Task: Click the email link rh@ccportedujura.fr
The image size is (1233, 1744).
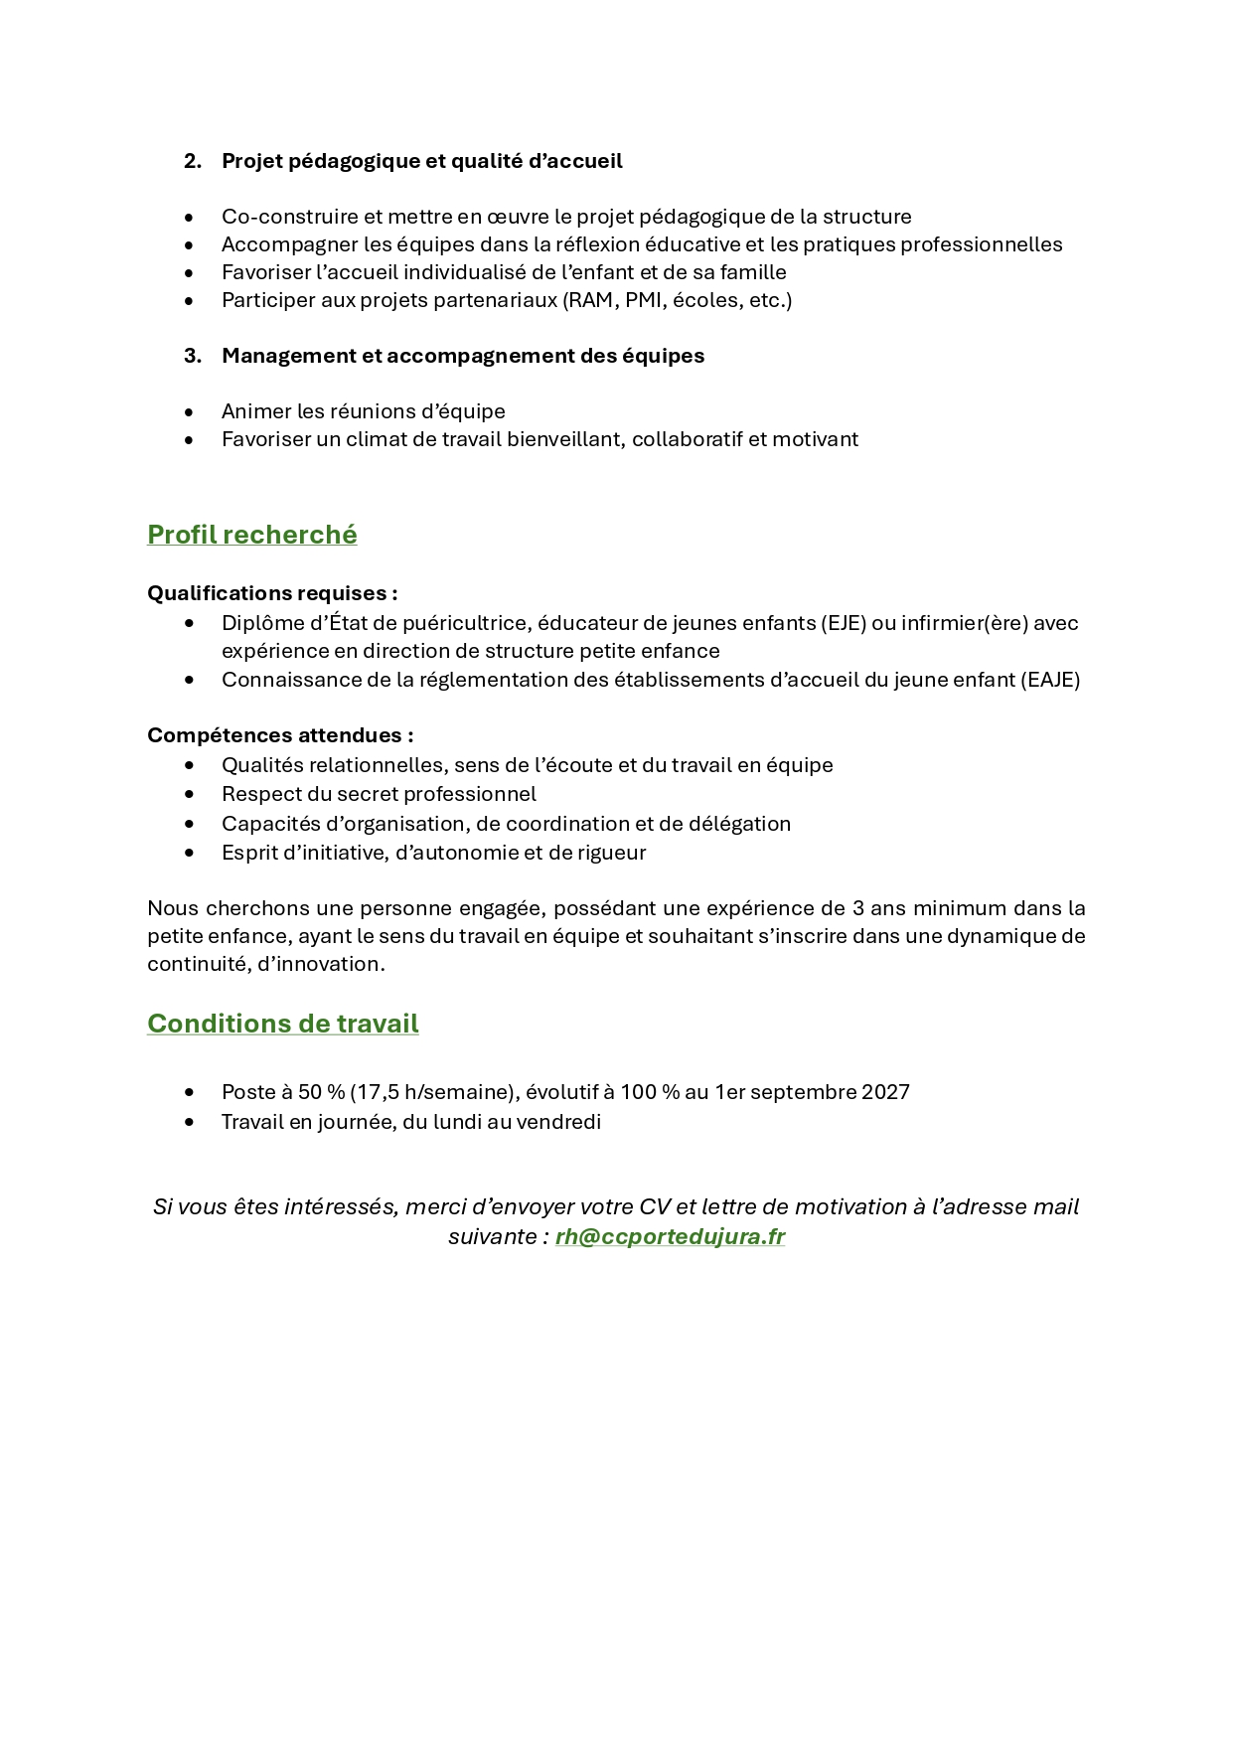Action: click(670, 1236)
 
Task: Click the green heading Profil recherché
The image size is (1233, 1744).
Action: click(251, 535)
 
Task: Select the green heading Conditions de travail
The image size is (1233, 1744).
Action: click(282, 1024)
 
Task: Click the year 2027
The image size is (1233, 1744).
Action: click(885, 1092)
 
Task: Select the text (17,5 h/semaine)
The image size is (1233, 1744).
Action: click(429, 1092)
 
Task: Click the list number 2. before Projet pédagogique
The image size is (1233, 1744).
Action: click(192, 161)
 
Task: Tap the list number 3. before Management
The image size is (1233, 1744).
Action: click(192, 356)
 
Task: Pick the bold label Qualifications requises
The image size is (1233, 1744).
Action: click(271, 593)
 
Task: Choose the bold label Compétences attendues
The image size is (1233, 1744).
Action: click(280, 735)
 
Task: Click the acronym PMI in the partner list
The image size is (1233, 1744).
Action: click(644, 300)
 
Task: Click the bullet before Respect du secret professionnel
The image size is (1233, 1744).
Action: click(190, 795)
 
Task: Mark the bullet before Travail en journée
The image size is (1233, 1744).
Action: click(190, 1123)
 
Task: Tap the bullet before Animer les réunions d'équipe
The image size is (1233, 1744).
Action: click(190, 412)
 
